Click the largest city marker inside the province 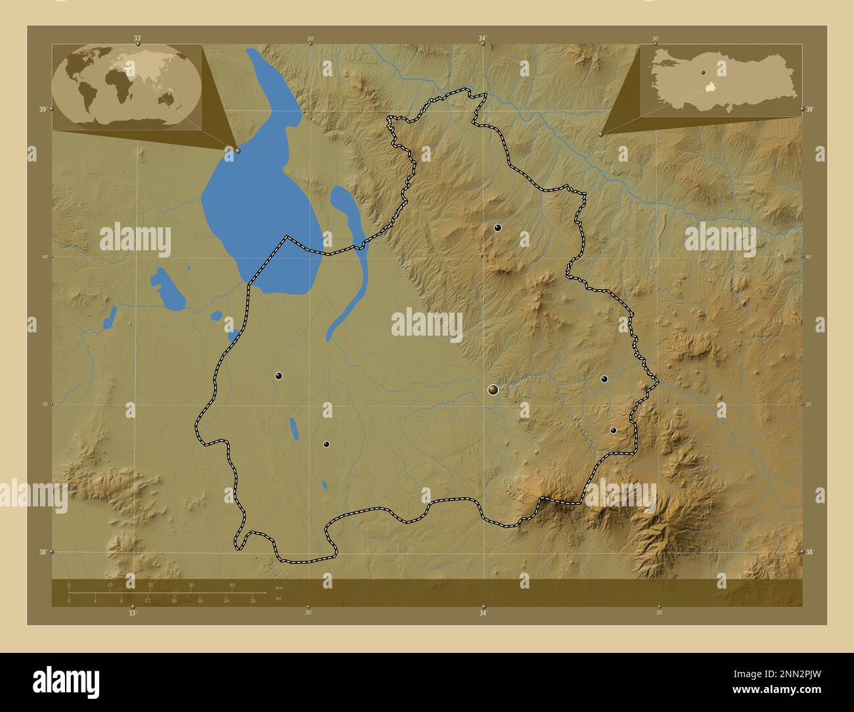pyautogui.click(x=493, y=390)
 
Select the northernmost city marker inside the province pyautogui.click(x=498, y=228)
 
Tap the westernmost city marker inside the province pyautogui.click(x=279, y=376)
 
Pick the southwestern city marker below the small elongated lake pyautogui.click(x=326, y=444)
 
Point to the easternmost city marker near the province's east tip pyautogui.click(x=604, y=378)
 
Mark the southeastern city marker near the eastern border pyautogui.click(x=614, y=431)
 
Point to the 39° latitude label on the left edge pyautogui.click(x=42, y=109)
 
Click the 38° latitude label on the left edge pyautogui.click(x=42, y=552)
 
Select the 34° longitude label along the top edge pyautogui.click(x=483, y=39)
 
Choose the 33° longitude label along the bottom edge pyautogui.click(x=133, y=613)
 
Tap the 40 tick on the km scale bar pyautogui.click(x=231, y=585)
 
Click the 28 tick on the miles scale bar pyautogui.click(x=252, y=600)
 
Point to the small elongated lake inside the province pyautogui.click(x=293, y=428)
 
